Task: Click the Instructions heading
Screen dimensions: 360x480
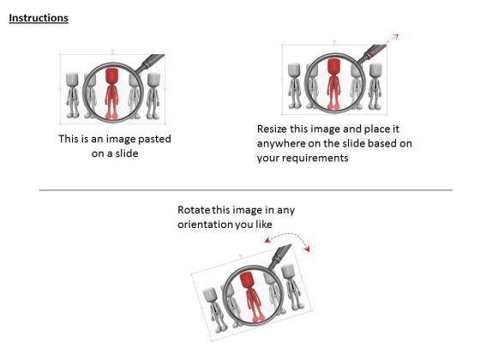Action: point(39,17)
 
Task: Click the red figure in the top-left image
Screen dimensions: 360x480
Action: point(111,91)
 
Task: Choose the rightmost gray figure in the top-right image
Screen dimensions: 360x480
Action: point(376,86)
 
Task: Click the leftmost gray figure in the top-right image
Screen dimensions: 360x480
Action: point(295,86)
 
